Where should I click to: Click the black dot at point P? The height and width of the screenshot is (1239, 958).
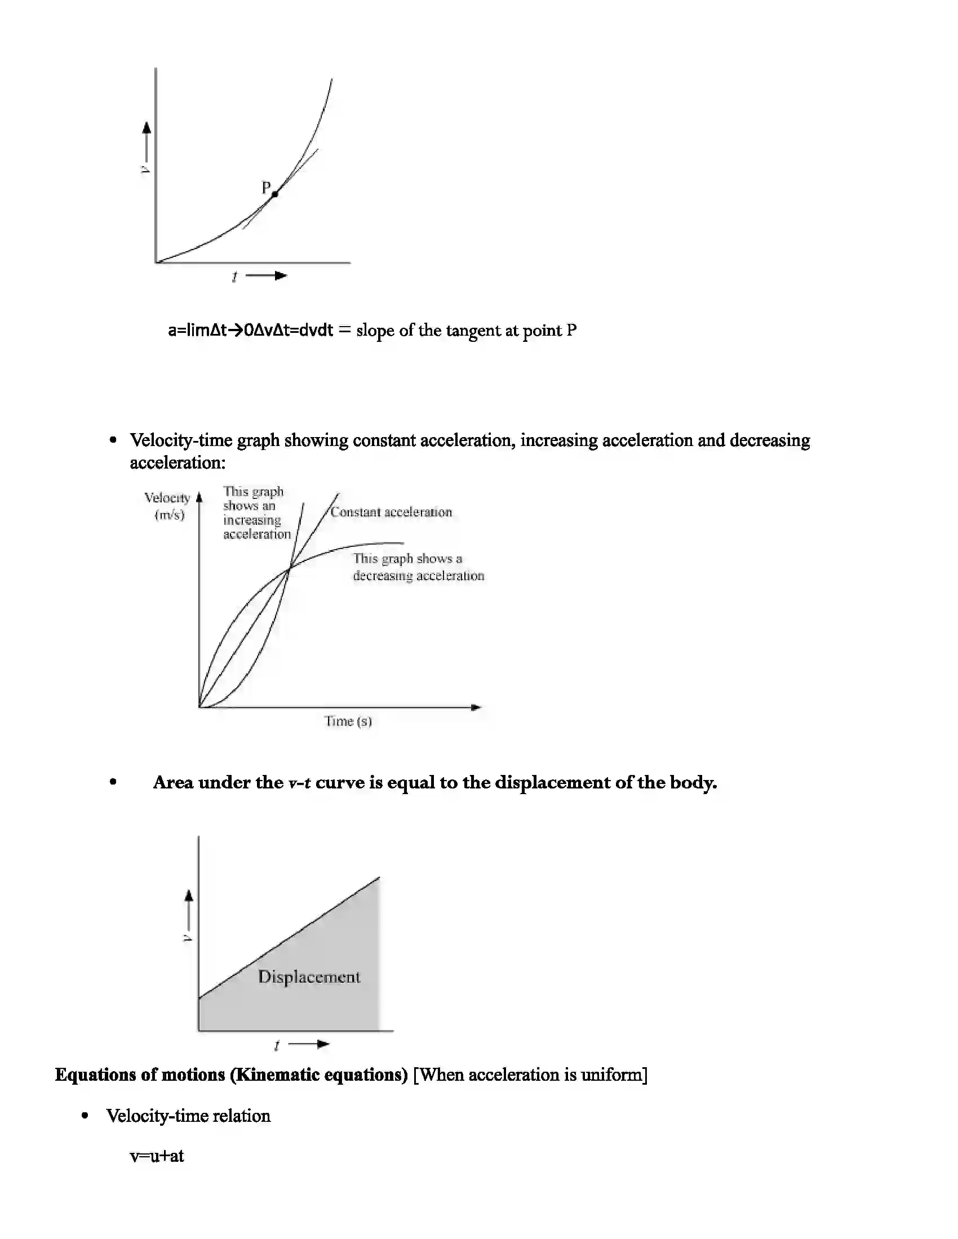pos(274,194)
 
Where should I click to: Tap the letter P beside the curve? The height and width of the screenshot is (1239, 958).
pos(265,187)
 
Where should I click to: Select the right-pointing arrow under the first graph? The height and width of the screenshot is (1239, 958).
pos(267,276)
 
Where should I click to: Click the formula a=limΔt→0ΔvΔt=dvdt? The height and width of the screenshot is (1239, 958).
pos(250,330)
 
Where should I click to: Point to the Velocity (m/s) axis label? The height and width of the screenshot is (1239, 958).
pos(168,506)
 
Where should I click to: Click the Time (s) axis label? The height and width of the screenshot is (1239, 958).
pos(348,721)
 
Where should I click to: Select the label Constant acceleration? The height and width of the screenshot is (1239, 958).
pos(391,512)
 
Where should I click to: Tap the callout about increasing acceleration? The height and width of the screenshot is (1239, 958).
pos(256,513)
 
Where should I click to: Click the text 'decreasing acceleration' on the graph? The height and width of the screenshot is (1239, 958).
pos(418,576)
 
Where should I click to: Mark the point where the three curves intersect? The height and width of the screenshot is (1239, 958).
pos(290,567)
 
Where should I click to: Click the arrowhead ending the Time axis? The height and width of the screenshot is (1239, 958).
pos(476,707)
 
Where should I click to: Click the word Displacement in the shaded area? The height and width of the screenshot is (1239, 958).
pos(309,977)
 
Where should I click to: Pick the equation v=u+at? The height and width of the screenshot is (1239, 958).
pos(157,1156)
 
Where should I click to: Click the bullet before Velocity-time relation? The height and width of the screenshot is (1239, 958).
pos(85,1116)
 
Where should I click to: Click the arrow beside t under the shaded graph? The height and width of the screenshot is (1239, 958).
pos(309,1044)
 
